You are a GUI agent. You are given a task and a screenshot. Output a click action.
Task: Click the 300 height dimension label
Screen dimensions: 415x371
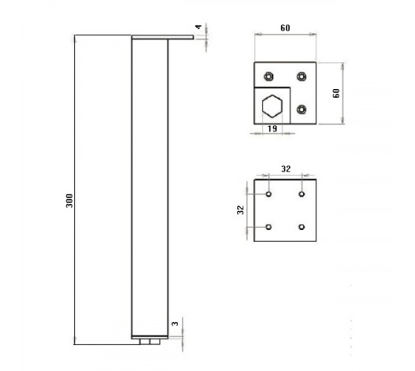70,200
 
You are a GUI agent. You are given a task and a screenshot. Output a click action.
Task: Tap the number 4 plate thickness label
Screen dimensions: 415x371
199,27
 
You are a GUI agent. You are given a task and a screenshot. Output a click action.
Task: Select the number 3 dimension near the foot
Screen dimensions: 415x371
175,324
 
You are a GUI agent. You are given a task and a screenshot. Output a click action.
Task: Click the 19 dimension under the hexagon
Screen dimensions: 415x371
272,129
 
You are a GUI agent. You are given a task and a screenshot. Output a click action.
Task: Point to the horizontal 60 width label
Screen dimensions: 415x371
285,28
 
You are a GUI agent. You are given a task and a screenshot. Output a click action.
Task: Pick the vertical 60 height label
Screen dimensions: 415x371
336,93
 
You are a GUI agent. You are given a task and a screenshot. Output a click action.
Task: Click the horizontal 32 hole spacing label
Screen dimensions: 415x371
286,169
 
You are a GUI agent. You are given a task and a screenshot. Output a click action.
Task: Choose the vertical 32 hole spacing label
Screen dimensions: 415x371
240,210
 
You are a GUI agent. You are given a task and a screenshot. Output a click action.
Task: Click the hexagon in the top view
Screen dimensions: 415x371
272,106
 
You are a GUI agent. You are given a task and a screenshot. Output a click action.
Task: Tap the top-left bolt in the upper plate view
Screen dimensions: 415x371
268,76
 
